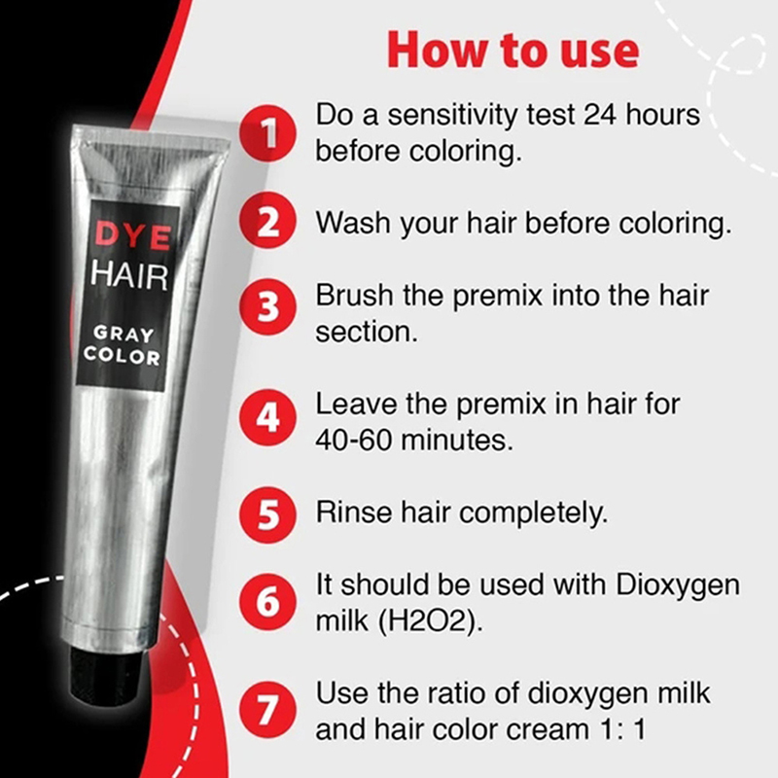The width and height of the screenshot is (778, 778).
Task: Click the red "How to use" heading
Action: (513, 51)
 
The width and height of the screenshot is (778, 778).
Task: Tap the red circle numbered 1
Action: (268, 133)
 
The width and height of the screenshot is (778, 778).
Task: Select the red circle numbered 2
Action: (268, 221)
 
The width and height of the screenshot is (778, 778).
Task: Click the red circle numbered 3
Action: (268, 306)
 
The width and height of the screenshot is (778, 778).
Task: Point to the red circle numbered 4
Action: (268, 417)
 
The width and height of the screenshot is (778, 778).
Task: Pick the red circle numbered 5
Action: (268, 514)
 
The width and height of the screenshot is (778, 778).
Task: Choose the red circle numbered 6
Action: (268, 601)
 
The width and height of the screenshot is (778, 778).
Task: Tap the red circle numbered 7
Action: (268, 710)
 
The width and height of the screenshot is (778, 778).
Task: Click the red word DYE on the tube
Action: (132, 234)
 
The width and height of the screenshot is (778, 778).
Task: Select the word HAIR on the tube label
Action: (129, 275)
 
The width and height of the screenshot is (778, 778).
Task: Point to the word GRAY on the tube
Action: (124, 334)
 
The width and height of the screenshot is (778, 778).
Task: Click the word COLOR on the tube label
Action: (123, 356)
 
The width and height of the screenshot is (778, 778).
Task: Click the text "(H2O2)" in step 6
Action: (430, 621)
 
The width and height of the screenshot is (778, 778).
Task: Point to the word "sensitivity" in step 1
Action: (452, 114)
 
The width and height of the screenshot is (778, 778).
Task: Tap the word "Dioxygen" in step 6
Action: (678, 586)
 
